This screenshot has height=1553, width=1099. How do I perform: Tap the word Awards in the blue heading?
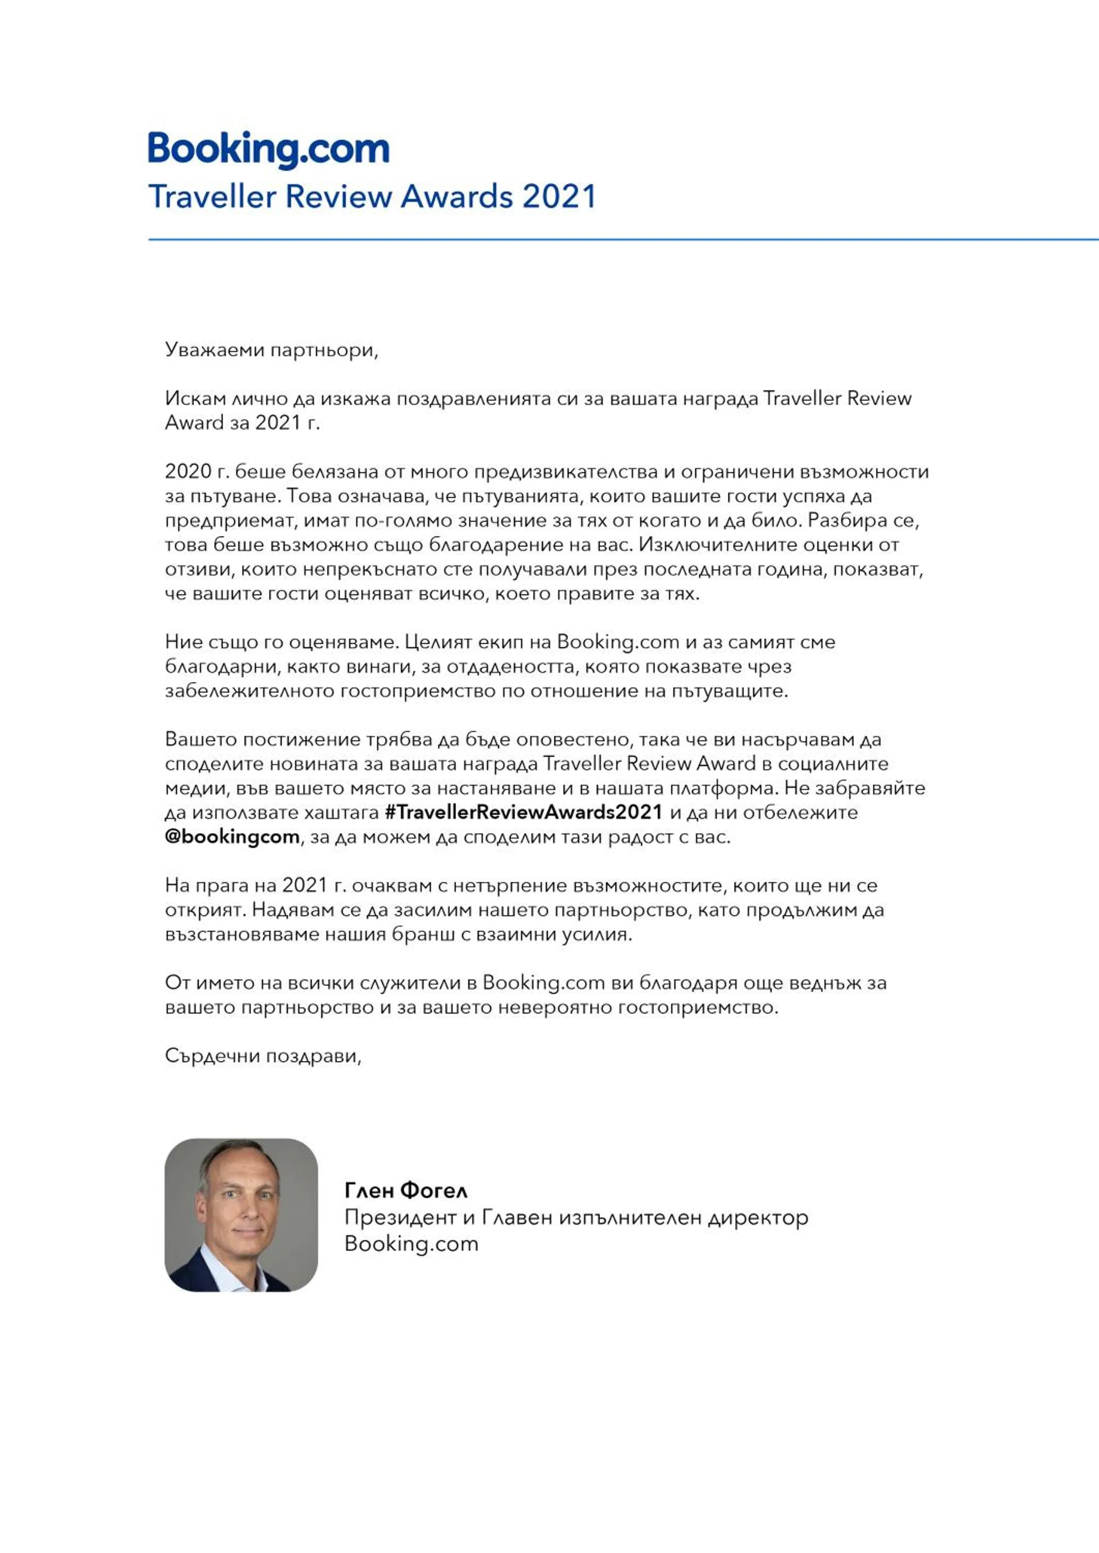457,197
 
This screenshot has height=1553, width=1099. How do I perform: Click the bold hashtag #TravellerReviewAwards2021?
523,812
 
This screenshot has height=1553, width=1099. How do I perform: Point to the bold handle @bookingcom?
232,837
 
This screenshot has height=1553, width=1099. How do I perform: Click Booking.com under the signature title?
411,1243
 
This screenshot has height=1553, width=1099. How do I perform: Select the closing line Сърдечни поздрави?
263,1056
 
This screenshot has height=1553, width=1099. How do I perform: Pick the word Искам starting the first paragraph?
195,399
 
